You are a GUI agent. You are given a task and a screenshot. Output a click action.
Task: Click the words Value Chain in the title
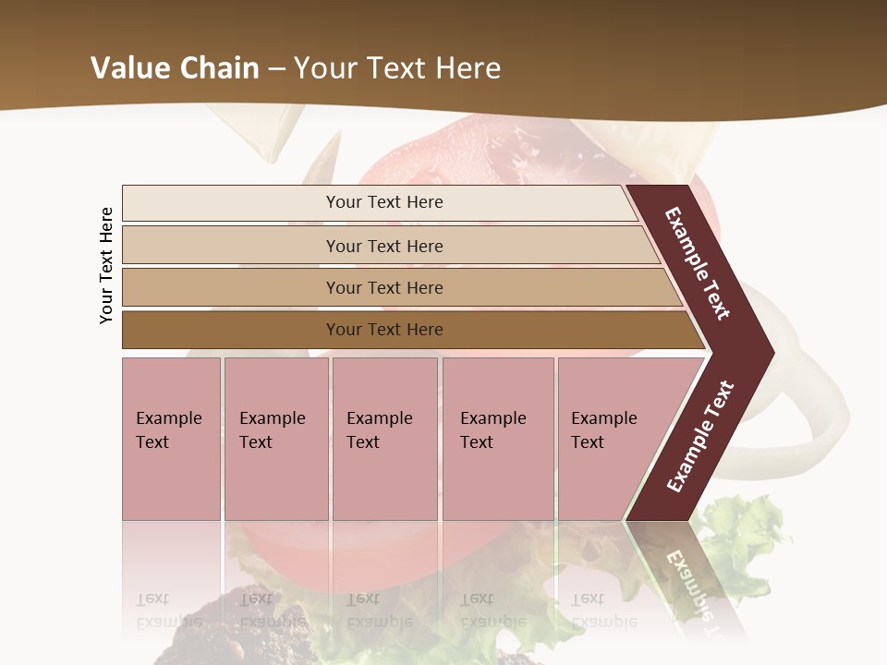(x=175, y=68)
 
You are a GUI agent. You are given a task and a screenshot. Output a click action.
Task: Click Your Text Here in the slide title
(x=397, y=68)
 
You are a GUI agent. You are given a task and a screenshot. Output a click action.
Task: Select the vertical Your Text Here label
(x=106, y=265)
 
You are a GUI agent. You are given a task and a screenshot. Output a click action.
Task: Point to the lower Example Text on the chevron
(x=700, y=436)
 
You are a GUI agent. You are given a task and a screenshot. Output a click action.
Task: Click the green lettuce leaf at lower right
(x=745, y=526)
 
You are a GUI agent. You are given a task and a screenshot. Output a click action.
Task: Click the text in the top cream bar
(x=384, y=202)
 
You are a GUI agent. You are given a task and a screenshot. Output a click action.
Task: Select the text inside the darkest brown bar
(x=384, y=330)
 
